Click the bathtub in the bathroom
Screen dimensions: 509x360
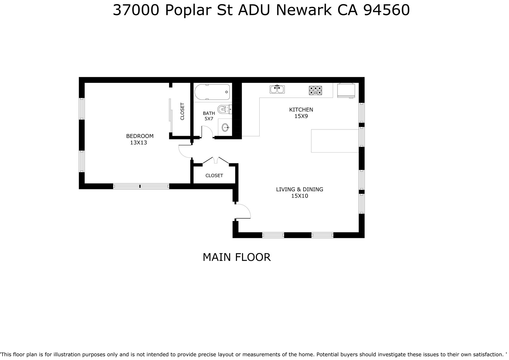click(212, 92)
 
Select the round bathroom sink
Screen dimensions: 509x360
click(226, 128)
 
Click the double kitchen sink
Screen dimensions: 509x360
click(277, 89)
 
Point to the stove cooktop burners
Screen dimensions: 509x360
click(315, 90)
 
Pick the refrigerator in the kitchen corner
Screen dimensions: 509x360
click(346, 90)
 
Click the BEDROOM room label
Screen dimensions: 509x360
click(140, 136)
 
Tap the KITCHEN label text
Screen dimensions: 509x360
click(301, 110)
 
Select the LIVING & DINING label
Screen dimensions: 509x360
click(300, 189)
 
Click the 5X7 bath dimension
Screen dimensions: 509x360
click(209, 119)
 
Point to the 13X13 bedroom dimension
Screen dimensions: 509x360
click(138, 143)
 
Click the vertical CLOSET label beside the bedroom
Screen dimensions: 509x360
click(182, 111)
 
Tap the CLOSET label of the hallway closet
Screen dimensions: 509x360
click(214, 176)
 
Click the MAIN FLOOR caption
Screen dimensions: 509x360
click(236, 257)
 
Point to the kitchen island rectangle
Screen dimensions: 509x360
click(335, 141)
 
